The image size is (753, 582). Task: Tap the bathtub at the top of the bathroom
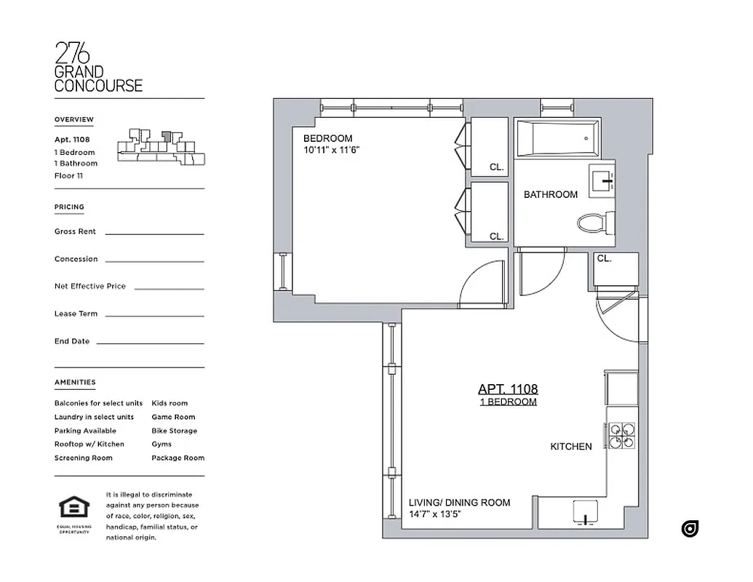557,137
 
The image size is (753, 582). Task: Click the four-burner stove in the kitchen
621,435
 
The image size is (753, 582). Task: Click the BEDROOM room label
327,138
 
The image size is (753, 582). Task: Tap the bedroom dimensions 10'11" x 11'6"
332,150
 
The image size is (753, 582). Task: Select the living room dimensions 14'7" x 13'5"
434,514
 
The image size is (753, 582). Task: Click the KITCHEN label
570,447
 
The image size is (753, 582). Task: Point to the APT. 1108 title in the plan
508,389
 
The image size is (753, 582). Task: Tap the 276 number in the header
72,54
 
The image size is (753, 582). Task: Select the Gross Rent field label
75,231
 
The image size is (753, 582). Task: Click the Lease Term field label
76,314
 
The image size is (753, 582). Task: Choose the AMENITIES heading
75,382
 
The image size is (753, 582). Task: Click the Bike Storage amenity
174,431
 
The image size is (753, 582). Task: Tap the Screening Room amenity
83,458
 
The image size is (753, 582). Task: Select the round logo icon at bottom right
690,529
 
